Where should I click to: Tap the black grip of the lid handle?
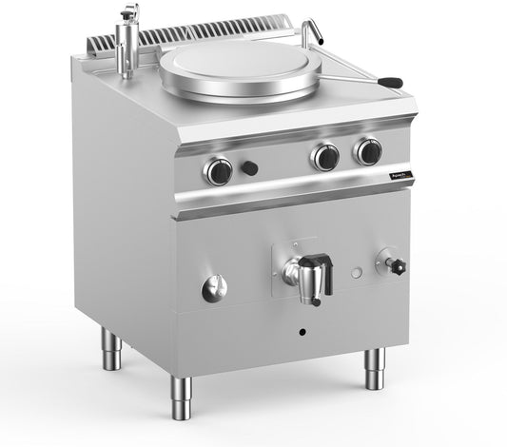pyautogui.click(x=391, y=84)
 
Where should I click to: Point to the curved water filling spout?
pyautogui.click(x=311, y=31)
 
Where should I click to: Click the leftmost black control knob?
pyautogui.click(x=218, y=170)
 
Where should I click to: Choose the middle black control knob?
pyautogui.click(x=326, y=156)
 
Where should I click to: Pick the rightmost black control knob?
pyautogui.click(x=367, y=150)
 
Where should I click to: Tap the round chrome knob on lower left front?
pyautogui.click(x=216, y=287)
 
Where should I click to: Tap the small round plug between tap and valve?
pyautogui.click(x=356, y=273)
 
